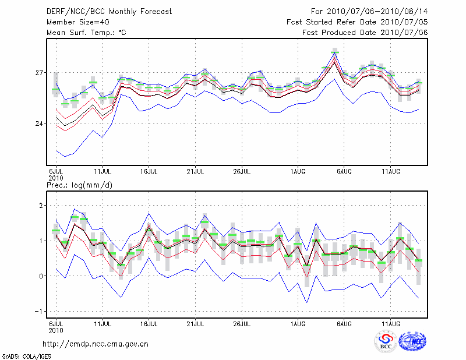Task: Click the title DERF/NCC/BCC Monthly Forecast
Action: [109, 12]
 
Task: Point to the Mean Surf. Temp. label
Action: [86, 33]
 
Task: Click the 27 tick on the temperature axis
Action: [40, 73]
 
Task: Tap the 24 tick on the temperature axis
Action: [40, 123]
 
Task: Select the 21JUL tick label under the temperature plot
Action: [196, 172]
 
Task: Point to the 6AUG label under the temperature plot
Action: [344, 172]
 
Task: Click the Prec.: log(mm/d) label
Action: [79, 185]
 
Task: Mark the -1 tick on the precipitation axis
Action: [40, 312]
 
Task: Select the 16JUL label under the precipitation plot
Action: [149, 323]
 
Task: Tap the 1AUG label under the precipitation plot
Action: [298, 323]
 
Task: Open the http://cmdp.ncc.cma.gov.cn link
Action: [96, 344]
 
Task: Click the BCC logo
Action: [386, 342]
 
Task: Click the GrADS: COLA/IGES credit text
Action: [26, 355]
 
